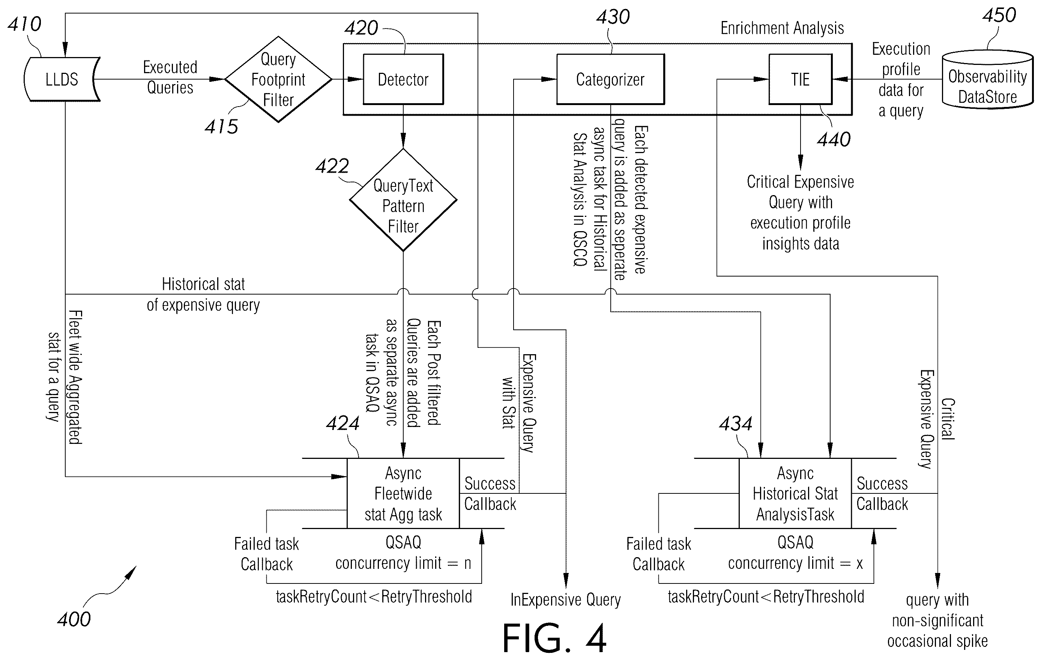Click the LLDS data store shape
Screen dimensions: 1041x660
coord(62,79)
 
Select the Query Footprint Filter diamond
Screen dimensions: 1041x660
coord(278,79)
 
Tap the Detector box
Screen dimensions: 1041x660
coord(403,79)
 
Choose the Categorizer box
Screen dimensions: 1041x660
coord(610,79)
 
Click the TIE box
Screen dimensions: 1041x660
coord(800,79)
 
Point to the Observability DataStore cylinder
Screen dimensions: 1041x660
coord(987,80)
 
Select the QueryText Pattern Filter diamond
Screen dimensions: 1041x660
coord(403,200)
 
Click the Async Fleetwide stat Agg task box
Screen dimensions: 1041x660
coord(403,493)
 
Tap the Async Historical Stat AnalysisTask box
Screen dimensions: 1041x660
coord(795,493)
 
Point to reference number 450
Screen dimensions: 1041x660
coord(999,15)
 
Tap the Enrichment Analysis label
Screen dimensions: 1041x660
coord(782,28)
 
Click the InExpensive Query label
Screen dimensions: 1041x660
coord(565,600)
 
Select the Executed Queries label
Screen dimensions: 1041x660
coord(170,77)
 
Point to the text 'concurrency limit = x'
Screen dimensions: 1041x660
coord(795,563)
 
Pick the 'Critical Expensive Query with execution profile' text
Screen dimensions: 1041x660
coord(800,202)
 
